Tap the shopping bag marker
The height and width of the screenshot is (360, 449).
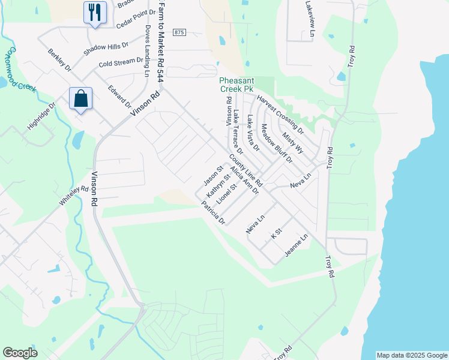tap(80, 98)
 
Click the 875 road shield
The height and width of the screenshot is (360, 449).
tap(179, 32)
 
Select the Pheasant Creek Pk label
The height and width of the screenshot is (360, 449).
tap(241, 85)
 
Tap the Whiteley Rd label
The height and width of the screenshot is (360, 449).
tap(74, 196)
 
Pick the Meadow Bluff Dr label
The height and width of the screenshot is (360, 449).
tap(276, 143)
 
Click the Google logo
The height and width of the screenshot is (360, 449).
tap(20, 353)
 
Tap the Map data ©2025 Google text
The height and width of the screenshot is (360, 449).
tap(411, 355)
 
